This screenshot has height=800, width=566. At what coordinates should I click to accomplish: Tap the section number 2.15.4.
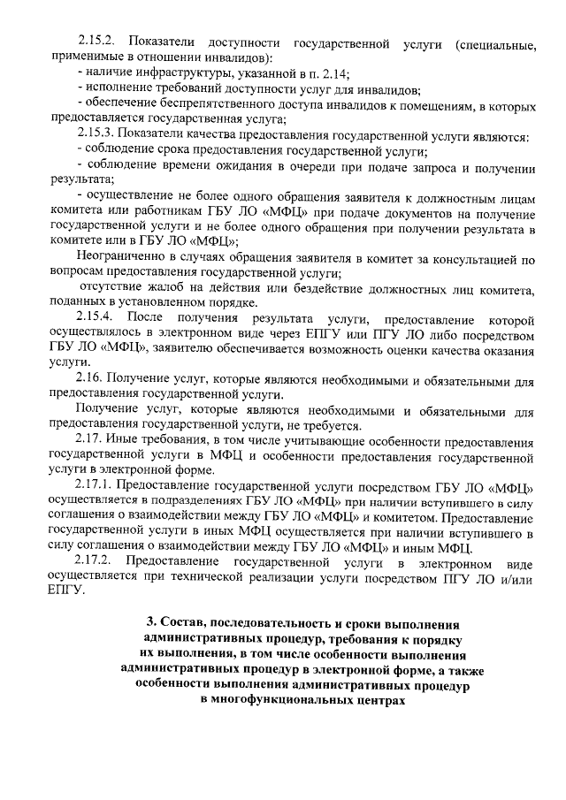(96, 317)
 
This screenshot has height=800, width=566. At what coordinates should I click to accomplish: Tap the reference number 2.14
(330, 72)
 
